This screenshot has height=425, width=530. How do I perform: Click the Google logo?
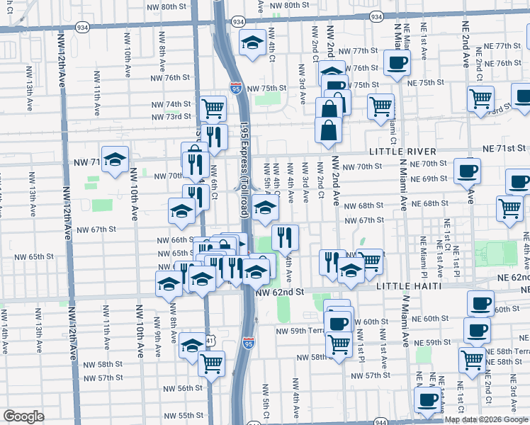(x=23, y=416)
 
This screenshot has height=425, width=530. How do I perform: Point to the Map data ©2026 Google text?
(x=486, y=419)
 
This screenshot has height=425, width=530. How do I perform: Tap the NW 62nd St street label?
(x=279, y=291)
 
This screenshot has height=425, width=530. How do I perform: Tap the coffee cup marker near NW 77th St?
(x=397, y=62)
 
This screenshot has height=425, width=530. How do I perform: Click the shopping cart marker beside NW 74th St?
(x=213, y=108)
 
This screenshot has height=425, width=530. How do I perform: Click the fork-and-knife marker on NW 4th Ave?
(x=285, y=237)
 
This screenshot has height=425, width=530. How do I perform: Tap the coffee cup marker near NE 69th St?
(x=467, y=171)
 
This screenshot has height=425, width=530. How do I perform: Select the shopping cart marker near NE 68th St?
(x=509, y=208)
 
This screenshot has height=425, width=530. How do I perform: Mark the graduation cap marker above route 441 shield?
(x=192, y=345)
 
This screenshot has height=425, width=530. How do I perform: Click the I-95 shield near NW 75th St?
(x=235, y=88)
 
